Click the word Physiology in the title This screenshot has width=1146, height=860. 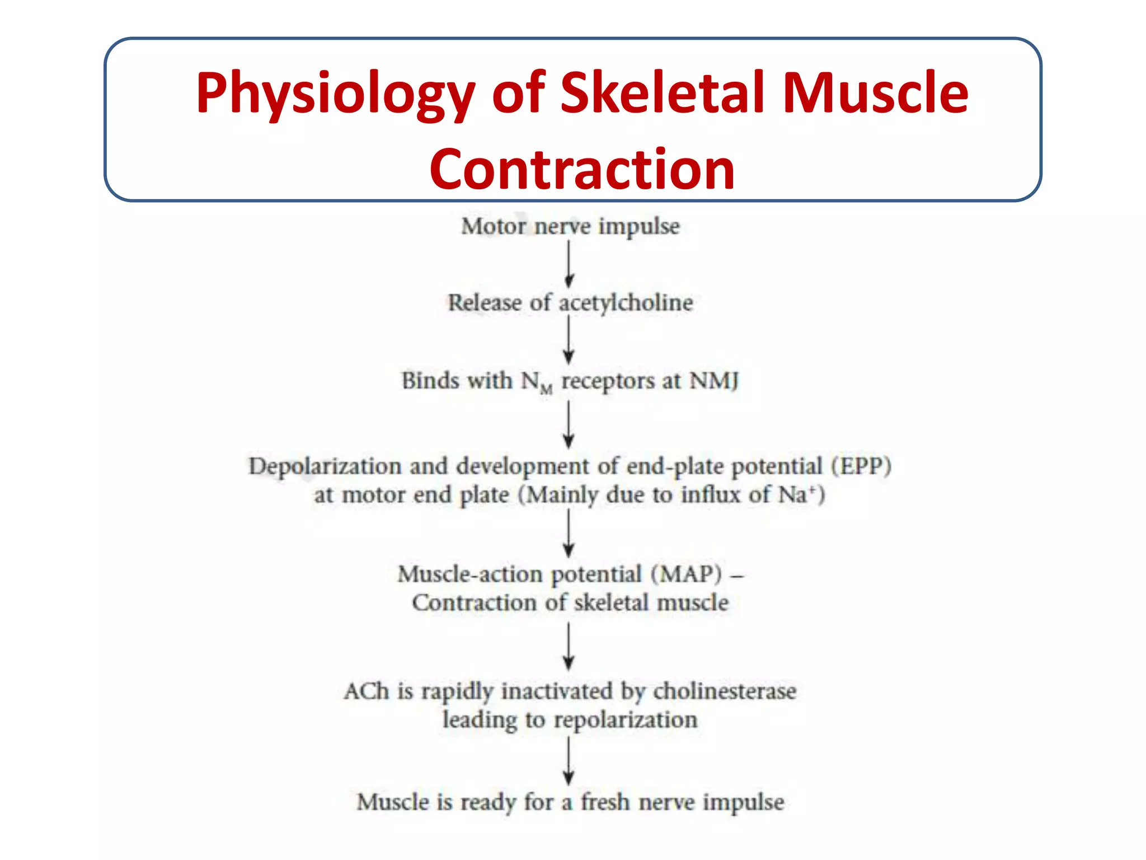point(335,94)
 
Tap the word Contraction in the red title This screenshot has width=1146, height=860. point(582,170)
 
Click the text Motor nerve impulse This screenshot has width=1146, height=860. point(570,226)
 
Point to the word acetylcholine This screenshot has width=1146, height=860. point(626,303)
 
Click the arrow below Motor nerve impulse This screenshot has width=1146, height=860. point(569,264)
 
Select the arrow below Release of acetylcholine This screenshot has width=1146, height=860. point(569,340)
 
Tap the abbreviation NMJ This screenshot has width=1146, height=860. point(714,381)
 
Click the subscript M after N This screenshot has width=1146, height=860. point(547,388)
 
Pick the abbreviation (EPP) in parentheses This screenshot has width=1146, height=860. point(861,466)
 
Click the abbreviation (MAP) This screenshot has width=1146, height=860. point(686,574)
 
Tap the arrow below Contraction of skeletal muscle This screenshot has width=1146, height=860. point(569,647)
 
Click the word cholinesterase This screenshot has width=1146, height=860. point(725,691)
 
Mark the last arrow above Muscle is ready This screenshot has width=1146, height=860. point(569,761)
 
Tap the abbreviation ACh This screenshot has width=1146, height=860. point(367,691)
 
